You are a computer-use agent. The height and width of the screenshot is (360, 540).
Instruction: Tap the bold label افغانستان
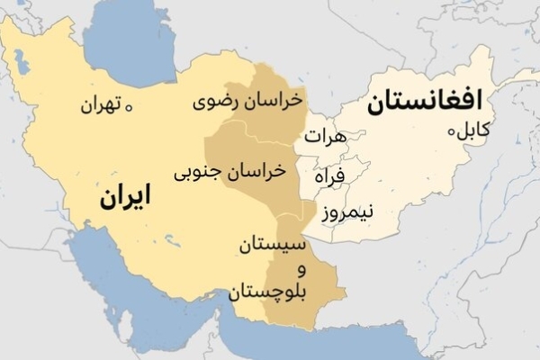[425, 103]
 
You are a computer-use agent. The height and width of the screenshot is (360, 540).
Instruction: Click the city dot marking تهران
[130, 107]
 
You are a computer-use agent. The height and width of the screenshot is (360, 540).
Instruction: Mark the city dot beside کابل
[452, 131]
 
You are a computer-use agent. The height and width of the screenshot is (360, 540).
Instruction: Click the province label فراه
[329, 176]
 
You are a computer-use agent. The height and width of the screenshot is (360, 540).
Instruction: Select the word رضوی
[216, 101]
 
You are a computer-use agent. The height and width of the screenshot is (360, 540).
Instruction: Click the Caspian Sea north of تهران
[144, 45]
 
